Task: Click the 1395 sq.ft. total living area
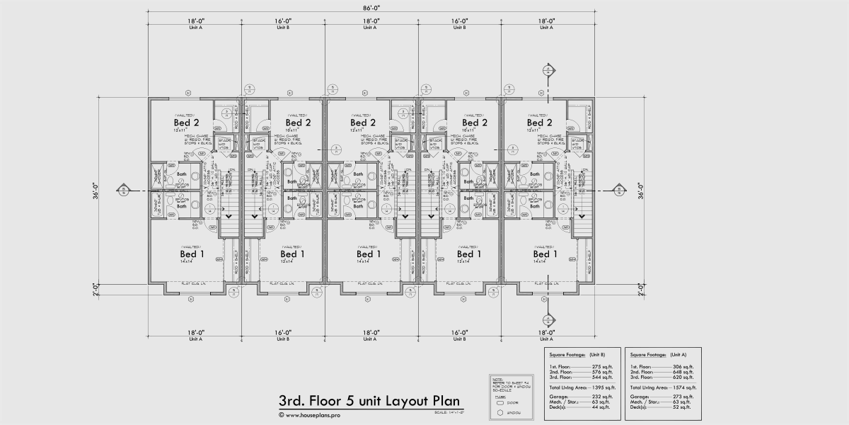pyautogui.click(x=602, y=387)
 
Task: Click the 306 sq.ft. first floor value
pyautogui.click(x=683, y=366)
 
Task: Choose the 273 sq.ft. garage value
pyautogui.click(x=683, y=397)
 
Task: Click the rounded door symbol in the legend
pyautogui.click(x=499, y=401)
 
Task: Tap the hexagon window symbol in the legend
pyautogui.click(x=499, y=411)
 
